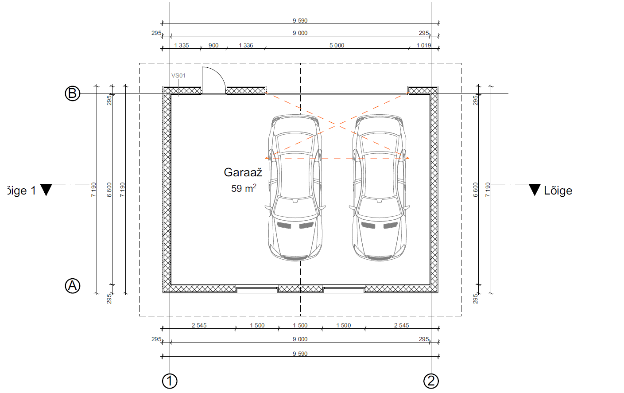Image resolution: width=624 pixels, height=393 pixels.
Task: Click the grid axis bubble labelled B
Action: click(x=73, y=93)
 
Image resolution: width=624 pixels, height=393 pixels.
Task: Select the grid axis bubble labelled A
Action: click(x=73, y=286)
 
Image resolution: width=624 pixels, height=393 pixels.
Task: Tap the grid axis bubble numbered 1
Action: click(x=170, y=381)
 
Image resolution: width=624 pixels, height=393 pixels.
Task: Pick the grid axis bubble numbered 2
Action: click(x=431, y=381)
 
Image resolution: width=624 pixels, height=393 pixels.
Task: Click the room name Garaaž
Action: click(x=243, y=172)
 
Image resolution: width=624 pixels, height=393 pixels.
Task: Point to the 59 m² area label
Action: click(x=244, y=188)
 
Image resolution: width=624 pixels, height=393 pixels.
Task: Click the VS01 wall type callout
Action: click(x=178, y=75)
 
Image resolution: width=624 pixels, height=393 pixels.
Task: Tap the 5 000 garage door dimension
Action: click(x=337, y=46)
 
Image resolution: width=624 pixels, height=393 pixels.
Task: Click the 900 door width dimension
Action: click(x=213, y=46)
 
